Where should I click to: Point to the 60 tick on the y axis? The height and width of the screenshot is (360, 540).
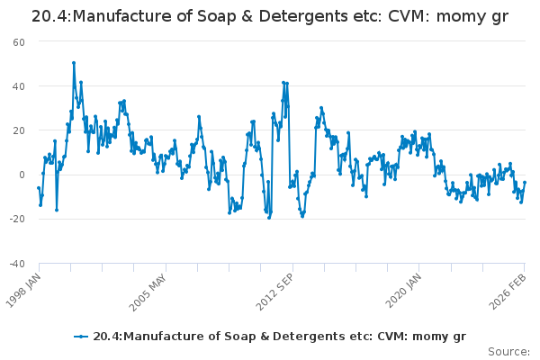(x=18, y=42)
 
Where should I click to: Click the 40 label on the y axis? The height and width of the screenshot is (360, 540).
(x=18, y=86)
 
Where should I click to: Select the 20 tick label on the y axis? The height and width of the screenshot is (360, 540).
(x=18, y=130)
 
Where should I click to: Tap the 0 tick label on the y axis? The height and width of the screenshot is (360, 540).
(x=22, y=175)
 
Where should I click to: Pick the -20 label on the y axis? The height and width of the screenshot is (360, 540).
(x=16, y=219)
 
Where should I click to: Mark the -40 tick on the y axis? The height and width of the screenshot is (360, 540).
(x=16, y=263)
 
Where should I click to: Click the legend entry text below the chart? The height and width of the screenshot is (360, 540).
(x=279, y=336)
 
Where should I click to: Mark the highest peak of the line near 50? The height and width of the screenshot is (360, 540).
(x=74, y=63)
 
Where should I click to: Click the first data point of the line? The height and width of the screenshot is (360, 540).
(x=38, y=188)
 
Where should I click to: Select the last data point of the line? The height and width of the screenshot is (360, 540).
(x=525, y=183)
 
